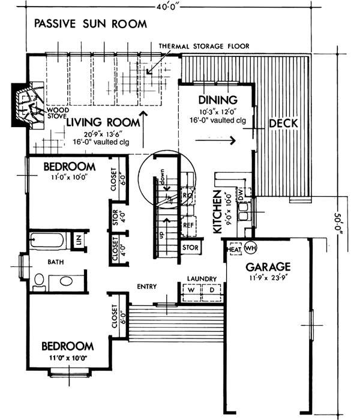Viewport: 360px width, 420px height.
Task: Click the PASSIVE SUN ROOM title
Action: (90, 25)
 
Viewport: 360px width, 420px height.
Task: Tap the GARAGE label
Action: (267, 266)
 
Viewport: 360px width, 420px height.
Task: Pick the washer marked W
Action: (193, 290)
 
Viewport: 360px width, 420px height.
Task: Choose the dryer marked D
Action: (211, 290)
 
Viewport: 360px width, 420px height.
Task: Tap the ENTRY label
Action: (147, 286)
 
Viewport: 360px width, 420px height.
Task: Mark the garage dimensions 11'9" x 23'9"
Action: (267, 277)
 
